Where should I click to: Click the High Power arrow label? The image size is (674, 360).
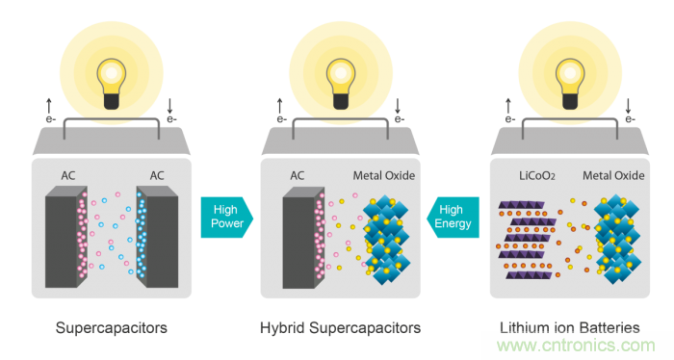[x=227, y=217]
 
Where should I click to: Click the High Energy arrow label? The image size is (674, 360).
[x=453, y=217]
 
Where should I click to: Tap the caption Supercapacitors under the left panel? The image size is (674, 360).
[x=112, y=328]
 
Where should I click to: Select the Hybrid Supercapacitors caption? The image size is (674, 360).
[x=341, y=328]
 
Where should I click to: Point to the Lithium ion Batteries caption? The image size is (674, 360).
[x=570, y=328]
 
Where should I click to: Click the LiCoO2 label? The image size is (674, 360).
[x=537, y=176]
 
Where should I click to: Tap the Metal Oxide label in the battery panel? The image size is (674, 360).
[x=613, y=176]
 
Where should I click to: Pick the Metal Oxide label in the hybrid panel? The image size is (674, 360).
[x=384, y=176]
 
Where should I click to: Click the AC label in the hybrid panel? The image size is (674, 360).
[x=297, y=176]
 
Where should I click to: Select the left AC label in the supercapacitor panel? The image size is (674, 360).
[x=68, y=176]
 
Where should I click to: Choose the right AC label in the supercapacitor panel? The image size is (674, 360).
[x=157, y=176]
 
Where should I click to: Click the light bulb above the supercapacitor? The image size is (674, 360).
[x=112, y=84]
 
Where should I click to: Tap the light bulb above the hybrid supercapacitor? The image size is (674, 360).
[x=341, y=84]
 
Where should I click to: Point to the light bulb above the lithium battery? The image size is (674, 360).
[x=570, y=84]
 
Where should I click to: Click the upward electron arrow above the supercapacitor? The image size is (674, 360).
[x=49, y=106]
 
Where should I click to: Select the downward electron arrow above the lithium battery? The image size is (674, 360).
[x=628, y=106]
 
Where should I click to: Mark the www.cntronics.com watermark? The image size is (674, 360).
[x=576, y=345]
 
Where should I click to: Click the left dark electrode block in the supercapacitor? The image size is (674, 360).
[x=66, y=237]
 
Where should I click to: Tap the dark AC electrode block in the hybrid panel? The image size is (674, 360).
[x=303, y=238]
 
